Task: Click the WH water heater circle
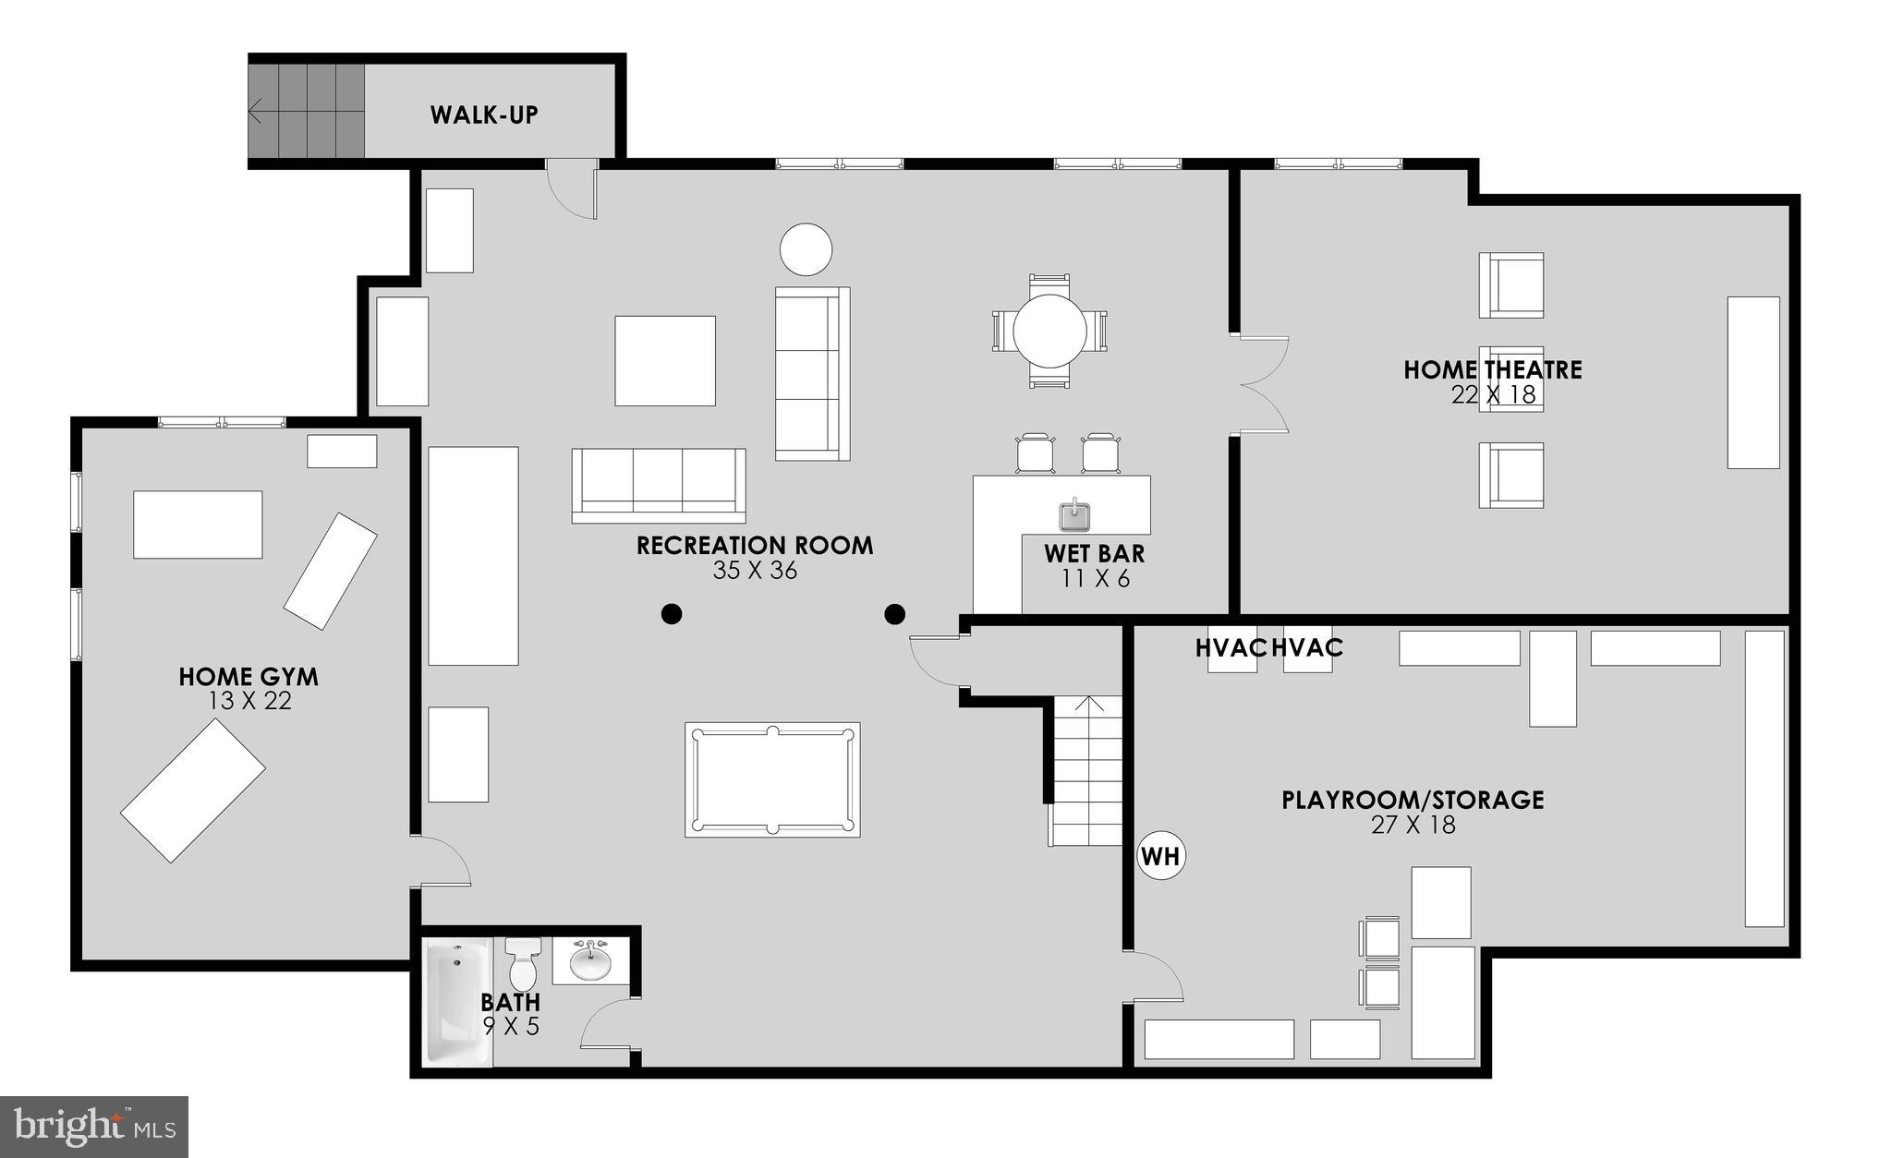click(x=1160, y=856)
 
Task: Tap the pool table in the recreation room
click(x=772, y=780)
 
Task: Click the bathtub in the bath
click(x=457, y=1001)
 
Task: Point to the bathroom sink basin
click(x=590, y=964)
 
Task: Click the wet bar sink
click(x=1073, y=515)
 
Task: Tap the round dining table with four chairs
click(x=1049, y=331)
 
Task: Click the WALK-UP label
click(x=484, y=115)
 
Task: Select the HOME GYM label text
click(x=249, y=677)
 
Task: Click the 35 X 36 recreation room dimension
click(x=755, y=571)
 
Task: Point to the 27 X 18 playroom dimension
click(x=1413, y=825)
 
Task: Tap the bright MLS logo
click(x=94, y=1127)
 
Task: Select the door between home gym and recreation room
click(x=443, y=862)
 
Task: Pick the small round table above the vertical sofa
click(x=806, y=249)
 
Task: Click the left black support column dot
click(x=672, y=613)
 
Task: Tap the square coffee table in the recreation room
click(x=665, y=360)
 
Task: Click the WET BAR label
click(x=1095, y=554)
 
